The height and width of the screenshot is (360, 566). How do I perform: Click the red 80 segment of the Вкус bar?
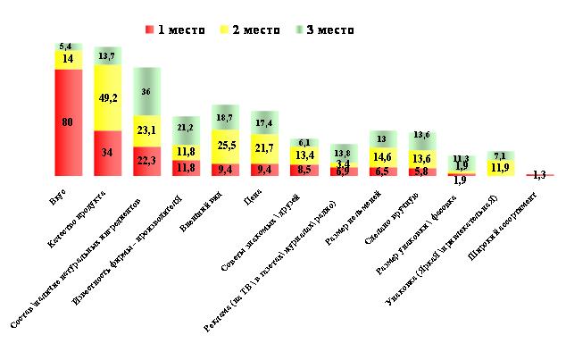point(68,121)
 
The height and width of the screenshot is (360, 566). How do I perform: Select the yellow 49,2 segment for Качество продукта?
point(107,98)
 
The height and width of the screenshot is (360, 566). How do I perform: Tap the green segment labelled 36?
point(146,91)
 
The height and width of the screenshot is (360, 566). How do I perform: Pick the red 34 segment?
point(107,152)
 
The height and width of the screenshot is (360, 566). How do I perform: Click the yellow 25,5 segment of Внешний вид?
point(224,145)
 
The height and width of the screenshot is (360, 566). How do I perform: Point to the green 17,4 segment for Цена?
point(264,121)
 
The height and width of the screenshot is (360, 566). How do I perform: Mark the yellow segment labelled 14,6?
point(382,155)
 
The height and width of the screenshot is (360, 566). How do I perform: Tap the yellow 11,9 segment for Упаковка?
point(499,167)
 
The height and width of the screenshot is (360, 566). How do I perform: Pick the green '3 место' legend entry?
point(324,29)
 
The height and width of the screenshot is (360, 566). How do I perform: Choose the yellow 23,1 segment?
point(146,130)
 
